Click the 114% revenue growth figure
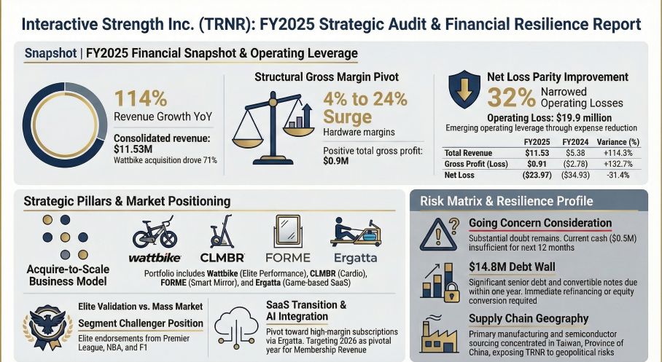(x=141, y=99)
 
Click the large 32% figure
(x=510, y=98)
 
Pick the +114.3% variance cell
(x=618, y=154)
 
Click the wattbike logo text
(x=154, y=257)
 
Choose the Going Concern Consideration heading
(x=540, y=223)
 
